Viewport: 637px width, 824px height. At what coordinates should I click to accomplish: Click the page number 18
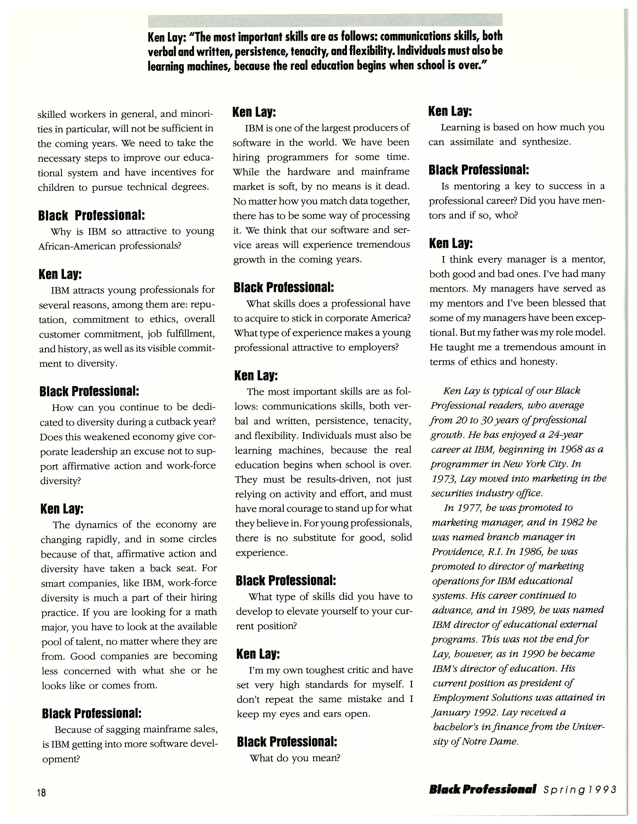click(41, 792)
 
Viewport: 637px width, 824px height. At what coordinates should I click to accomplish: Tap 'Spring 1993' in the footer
click(580, 789)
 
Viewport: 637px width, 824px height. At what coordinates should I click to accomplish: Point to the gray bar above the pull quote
click(325, 20)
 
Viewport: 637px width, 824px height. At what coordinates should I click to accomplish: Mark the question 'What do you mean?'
click(295, 758)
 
